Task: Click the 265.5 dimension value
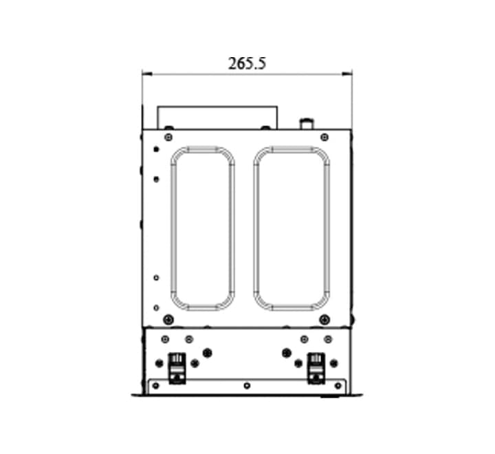pyautogui.click(x=247, y=63)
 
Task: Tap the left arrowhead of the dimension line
pyautogui.click(x=147, y=74)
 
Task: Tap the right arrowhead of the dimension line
pyautogui.click(x=347, y=74)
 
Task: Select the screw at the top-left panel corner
pyautogui.click(x=168, y=137)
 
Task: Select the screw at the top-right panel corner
pyautogui.click(x=324, y=137)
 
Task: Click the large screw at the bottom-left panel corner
pyautogui.click(x=168, y=320)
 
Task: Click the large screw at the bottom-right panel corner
pyautogui.click(x=324, y=320)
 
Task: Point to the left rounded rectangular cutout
pyautogui.click(x=173, y=228)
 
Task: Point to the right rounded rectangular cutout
pyautogui.click(x=256, y=228)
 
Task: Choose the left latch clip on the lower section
pyautogui.click(x=177, y=369)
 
